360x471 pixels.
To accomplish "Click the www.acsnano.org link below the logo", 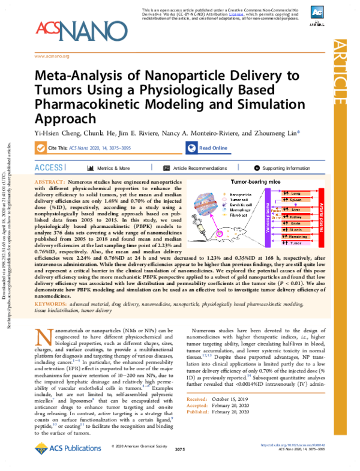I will coord(53,56).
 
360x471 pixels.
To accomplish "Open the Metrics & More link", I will coord(109,169).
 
